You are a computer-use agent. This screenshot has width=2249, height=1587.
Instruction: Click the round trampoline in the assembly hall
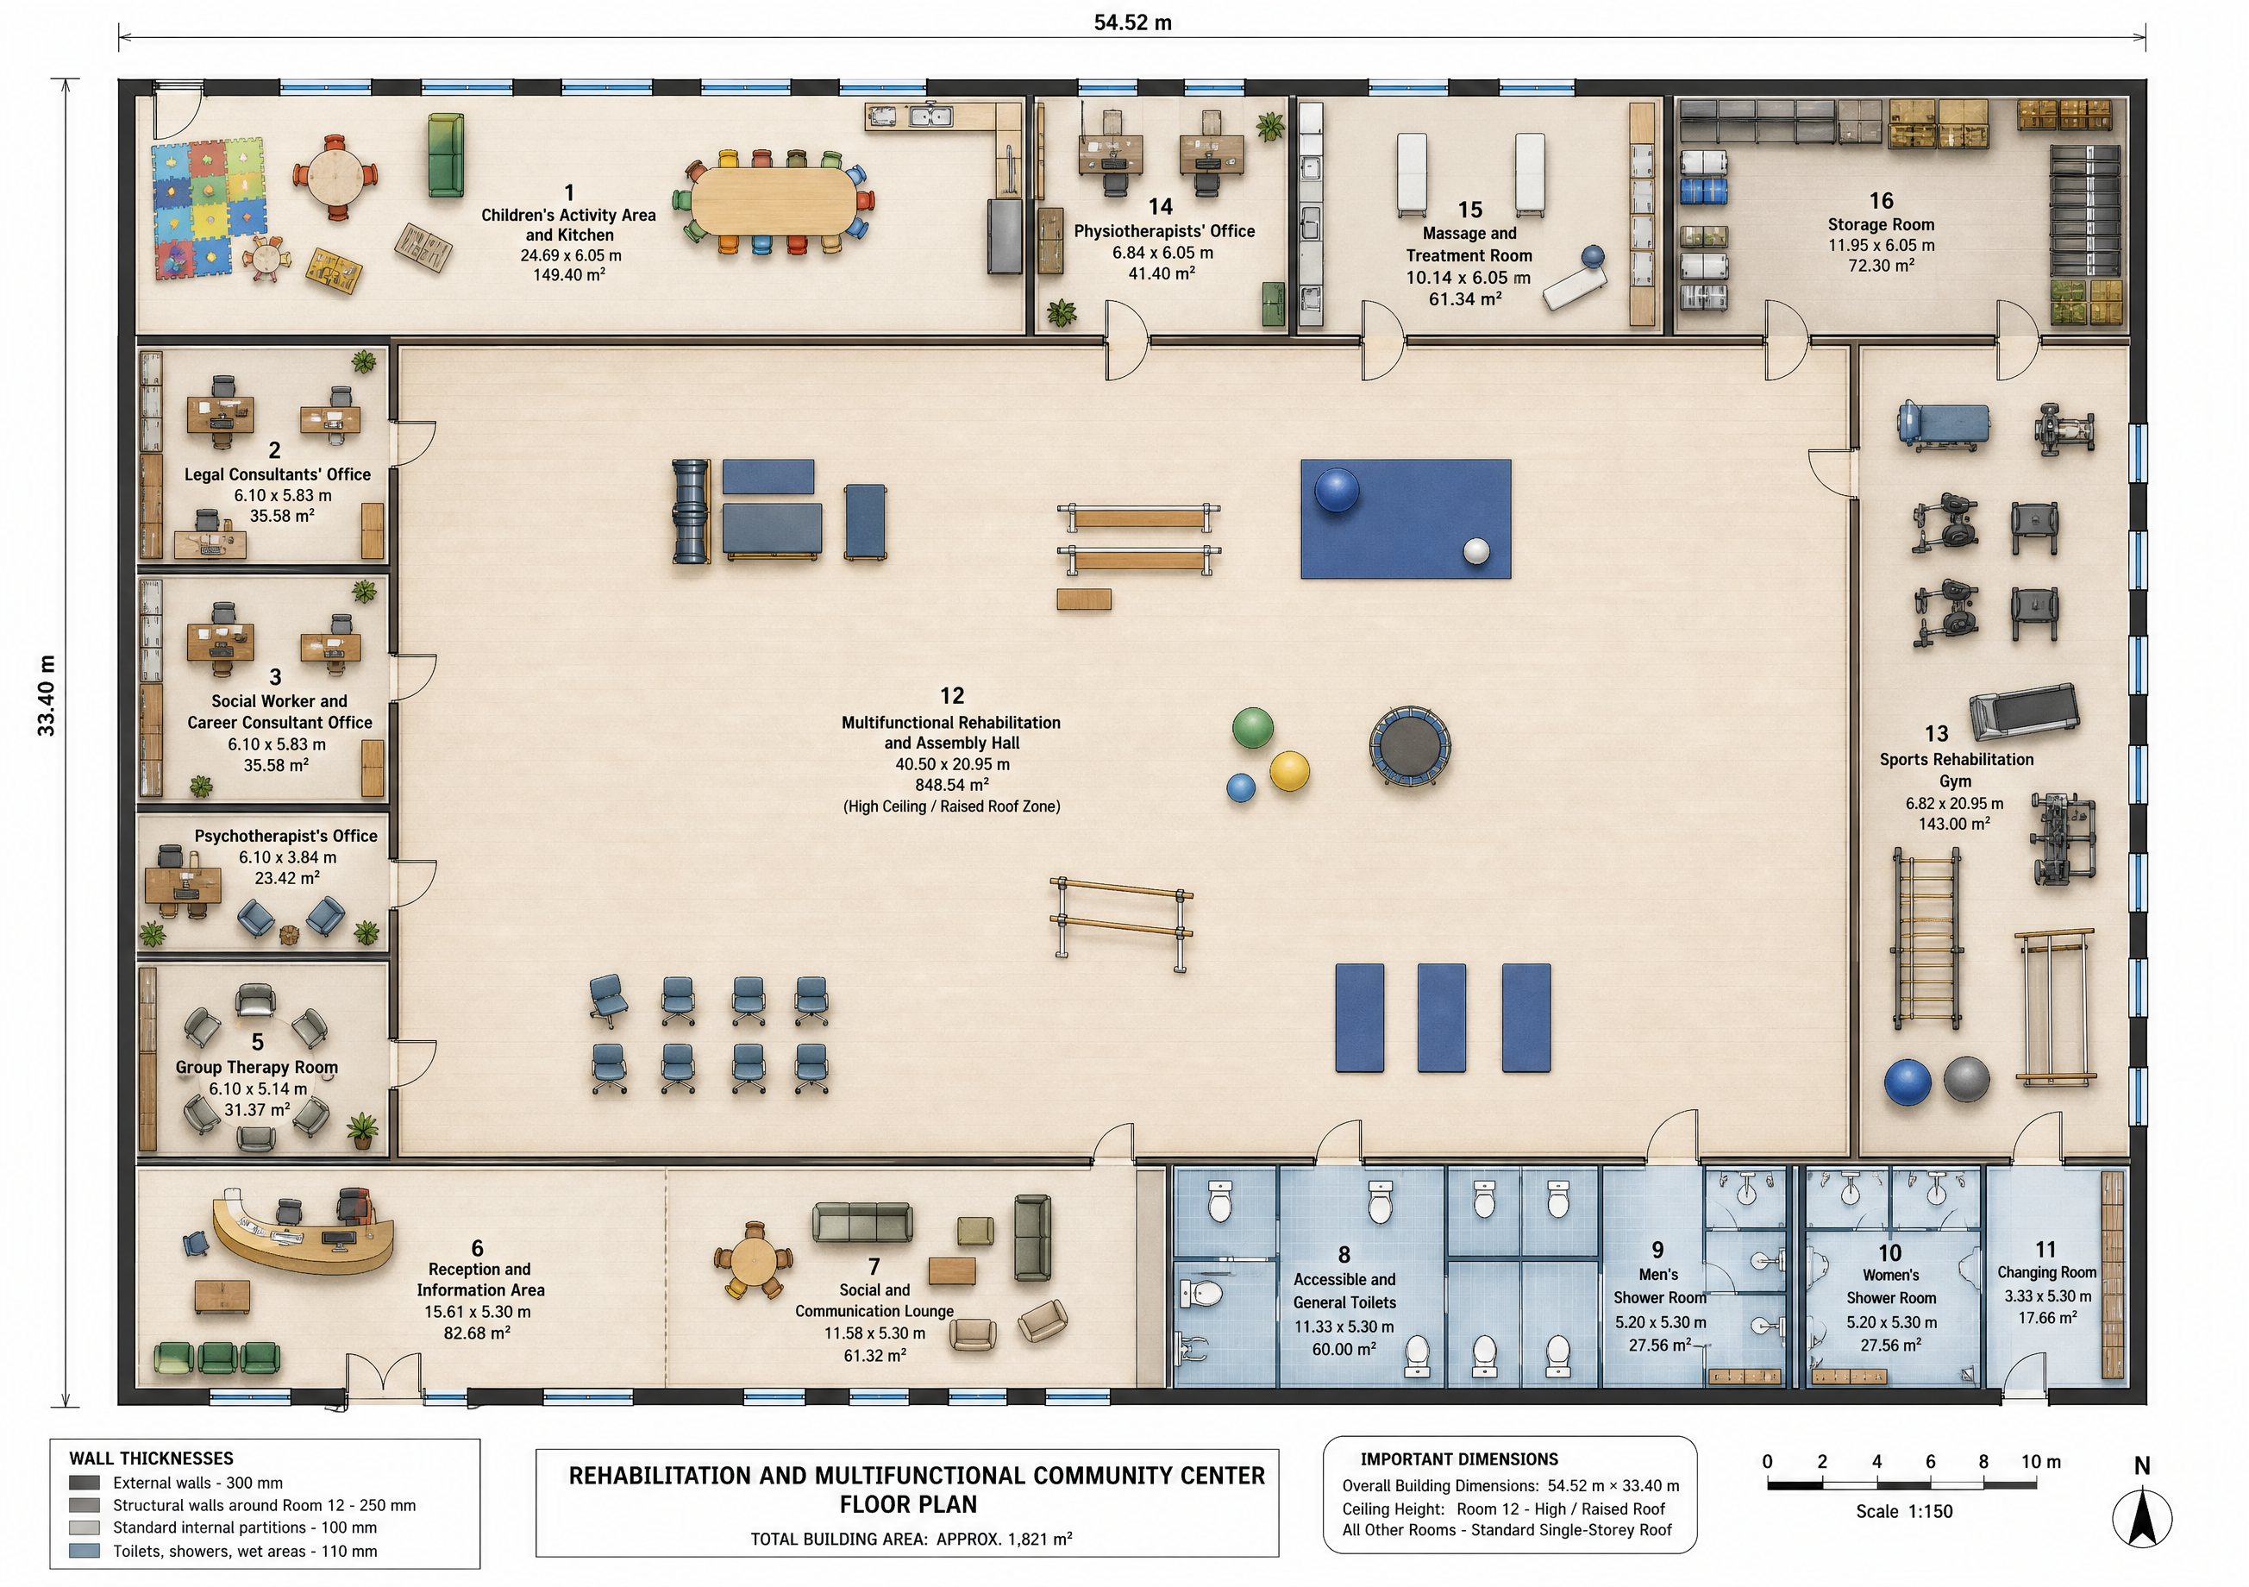click(1410, 748)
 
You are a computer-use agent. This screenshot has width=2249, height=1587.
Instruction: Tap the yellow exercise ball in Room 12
click(1289, 771)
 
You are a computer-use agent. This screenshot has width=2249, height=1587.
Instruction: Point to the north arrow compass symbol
click(2141, 1517)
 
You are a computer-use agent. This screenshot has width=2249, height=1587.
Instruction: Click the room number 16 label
click(1881, 201)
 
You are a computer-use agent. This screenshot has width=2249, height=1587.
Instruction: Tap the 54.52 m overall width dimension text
click(1132, 22)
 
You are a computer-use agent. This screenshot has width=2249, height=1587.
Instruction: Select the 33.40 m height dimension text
click(46, 695)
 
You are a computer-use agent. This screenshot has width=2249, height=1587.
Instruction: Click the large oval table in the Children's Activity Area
click(774, 202)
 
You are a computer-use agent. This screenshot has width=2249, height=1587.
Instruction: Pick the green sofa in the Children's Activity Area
click(446, 154)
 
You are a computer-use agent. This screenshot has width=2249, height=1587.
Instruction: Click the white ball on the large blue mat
click(1476, 550)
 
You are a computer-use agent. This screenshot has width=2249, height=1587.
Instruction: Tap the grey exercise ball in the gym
click(1967, 1081)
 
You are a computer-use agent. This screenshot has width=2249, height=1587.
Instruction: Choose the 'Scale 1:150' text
click(1904, 1512)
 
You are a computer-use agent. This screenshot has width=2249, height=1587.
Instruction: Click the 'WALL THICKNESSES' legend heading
click(151, 1458)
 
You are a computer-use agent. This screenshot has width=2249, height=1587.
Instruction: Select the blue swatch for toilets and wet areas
click(85, 1552)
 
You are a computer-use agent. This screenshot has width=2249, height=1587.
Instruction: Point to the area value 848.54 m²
click(951, 786)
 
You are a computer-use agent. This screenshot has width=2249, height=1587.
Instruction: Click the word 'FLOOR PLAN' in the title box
click(908, 1505)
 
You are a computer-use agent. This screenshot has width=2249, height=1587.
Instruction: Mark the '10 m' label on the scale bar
click(2040, 1463)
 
